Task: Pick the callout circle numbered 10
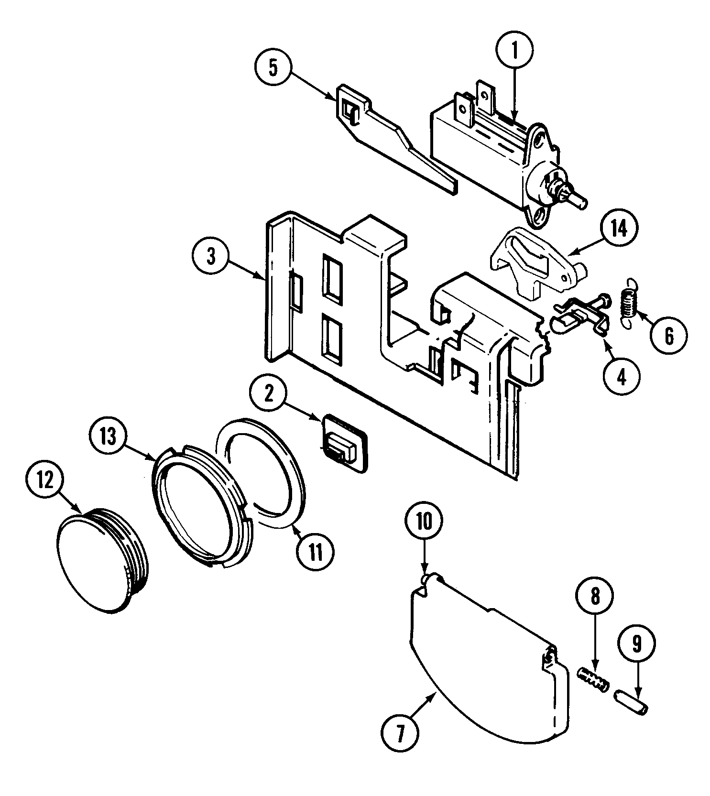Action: tap(425, 521)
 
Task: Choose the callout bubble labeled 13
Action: tap(108, 436)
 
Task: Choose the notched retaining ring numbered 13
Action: tap(201, 507)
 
